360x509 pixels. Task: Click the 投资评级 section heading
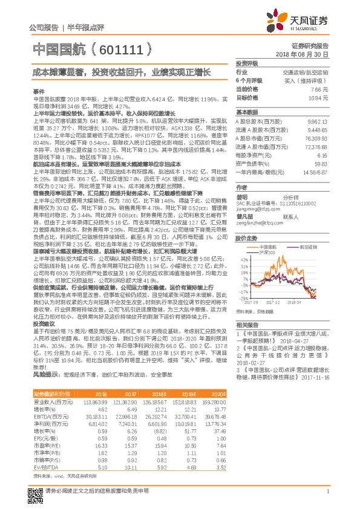[x=246, y=63]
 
